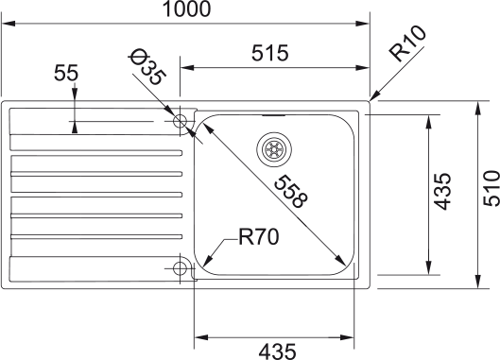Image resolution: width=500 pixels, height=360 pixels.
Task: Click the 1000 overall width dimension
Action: pyautogui.click(x=187, y=9)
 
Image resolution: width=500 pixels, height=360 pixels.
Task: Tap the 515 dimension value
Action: pyautogui.click(x=270, y=53)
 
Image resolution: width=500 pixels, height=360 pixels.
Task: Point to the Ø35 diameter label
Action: pyautogui.click(x=147, y=67)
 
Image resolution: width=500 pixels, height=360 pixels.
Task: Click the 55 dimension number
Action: pyautogui.click(x=66, y=73)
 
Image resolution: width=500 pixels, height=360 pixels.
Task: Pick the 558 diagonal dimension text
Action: pyautogui.click(x=291, y=191)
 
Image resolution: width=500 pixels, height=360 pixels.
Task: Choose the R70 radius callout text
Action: pyautogui.click(x=259, y=237)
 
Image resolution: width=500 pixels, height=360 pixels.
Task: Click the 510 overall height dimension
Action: pyautogui.click(x=491, y=189)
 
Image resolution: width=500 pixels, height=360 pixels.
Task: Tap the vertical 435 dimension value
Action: pyautogui.click(x=443, y=191)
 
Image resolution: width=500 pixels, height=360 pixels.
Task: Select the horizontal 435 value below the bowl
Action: pyautogui.click(x=278, y=351)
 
